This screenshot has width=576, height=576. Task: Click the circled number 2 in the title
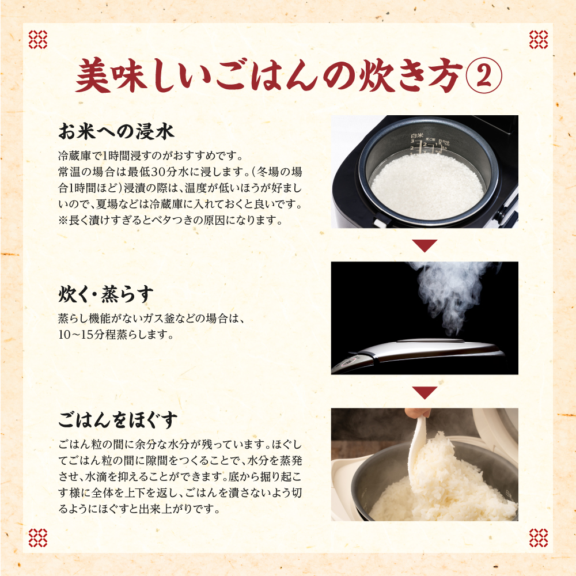pyautogui.click(x=483, y=76)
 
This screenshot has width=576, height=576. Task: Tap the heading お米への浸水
pyautogui.click(x=116, y=131)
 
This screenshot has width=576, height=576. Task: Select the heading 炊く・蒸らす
pyautogui.click(x=105, y=294)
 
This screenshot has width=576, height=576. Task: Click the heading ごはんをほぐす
pyautogui.click(x=118, y=420)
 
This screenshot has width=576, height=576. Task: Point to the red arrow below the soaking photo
pyautogui.click(x=425, y=245)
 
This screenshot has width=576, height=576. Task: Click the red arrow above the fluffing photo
pyautogui.click(x=425, y=392)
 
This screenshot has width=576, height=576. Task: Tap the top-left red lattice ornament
pyautogui.click(x=38, y=39)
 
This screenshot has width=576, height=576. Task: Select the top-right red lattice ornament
pyautogui.click(x=539, y=39)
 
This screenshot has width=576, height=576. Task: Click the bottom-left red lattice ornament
pyautogui.click(x=38, y=538)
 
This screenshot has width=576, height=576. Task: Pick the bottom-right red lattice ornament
pyautogui.click(x=539, y=538)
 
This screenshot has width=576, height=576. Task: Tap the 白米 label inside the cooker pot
pyautogui.click(x=417, y=137)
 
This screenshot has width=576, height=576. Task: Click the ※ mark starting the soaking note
pyautogui.click(x=63, y=221)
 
